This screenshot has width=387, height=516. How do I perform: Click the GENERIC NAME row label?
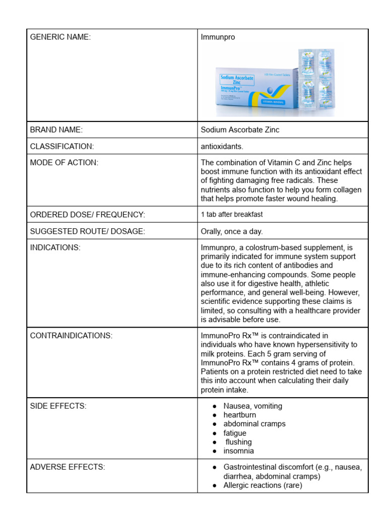tap(60, 37)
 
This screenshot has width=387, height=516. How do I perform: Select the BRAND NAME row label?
tap(56, 130)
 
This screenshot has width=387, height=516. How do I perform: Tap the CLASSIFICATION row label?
tap(62, 146)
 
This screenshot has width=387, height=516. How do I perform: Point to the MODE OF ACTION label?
tap(64, 162)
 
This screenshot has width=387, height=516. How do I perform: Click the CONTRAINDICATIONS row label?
tap(71, 336)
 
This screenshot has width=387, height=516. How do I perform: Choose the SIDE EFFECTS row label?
tap(58, 406)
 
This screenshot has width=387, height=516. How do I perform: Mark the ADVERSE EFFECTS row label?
tap(68, 467)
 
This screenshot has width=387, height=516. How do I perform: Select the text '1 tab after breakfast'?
tap(232, 215)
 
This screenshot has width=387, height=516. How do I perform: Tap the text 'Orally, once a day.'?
tap(232, 231)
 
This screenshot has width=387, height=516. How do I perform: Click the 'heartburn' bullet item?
tap(240, 415)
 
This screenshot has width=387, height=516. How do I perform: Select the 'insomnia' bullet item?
tap(239, 451)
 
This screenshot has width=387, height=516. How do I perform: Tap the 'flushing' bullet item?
tap(239, 442)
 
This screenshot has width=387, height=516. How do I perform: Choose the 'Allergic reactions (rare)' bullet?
tap(263, 485)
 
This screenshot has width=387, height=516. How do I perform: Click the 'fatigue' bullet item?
tap(235, 433)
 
